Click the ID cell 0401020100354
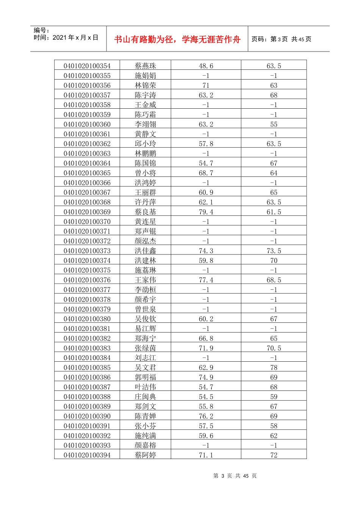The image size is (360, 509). (x=87, y=66)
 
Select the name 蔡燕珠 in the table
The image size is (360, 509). (x=146, y=66)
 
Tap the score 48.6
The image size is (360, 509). (x=206, y=66)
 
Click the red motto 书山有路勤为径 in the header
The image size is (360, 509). (x=177, y=39)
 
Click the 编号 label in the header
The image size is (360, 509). (x=42, y=30)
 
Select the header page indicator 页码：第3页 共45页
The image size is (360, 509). (x=281, y=39)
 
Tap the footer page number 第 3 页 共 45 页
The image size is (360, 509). (x=235, y=476)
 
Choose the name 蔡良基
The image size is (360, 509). (x=146, y=212)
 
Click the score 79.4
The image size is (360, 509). (x=206, y=212)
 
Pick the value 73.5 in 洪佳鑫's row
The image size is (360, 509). (x=274, y=251)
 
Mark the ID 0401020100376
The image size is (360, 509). (x=87, y=280)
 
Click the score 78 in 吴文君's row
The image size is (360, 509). (x=274, y=368)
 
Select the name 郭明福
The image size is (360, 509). (x=146, y=378)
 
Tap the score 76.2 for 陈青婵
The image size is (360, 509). (x=206, y=416)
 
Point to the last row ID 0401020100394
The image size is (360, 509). (x=87, y=455)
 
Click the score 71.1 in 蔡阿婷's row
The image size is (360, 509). (x=206, y=455)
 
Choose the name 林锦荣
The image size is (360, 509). (x=146, y=86)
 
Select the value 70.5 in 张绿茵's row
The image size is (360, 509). (x=274, y=348)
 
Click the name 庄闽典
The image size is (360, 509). (x=146, y=397)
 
